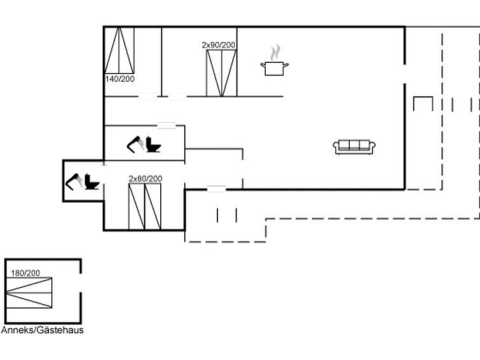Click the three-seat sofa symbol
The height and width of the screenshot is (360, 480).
coord(354,147)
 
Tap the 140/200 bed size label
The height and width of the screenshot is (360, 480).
coord(120,79)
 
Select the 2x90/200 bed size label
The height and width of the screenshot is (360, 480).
coord(219,45)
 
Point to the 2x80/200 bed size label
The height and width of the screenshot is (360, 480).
coord(146,179)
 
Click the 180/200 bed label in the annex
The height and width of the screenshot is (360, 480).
coord(25,273)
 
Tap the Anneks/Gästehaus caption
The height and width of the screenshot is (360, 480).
coord(42,330)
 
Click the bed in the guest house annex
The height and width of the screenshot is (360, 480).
coord(29,293)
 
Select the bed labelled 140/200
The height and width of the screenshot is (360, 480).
coord(119,50)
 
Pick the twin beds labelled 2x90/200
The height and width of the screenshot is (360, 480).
coord(221,73)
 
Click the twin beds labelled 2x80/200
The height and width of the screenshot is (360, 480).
coord(144,207)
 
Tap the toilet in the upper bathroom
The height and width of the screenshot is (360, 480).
coord(153,144)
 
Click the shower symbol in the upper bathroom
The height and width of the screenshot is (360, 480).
coord(135,144)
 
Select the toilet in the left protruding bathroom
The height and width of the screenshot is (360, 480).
coord(92,182)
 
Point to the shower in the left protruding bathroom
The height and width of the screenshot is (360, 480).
coord(74,182)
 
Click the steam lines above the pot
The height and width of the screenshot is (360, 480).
coord(275,53)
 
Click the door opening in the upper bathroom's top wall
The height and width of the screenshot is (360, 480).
coord(167,125)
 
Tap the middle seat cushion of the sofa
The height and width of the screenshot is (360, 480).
coord(354,145)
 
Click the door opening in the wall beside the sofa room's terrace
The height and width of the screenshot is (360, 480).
coord(405,74)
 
